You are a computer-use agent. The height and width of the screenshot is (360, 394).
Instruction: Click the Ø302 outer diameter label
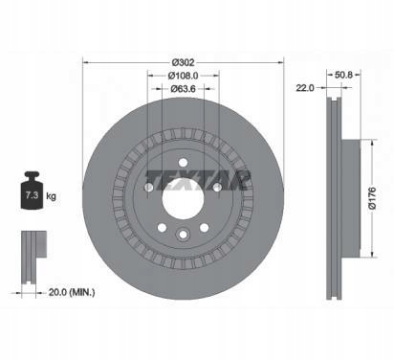[183, 62]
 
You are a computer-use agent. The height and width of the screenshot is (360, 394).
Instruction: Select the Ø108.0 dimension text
[183, 76]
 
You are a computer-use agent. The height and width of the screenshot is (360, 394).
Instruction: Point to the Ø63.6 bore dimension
[183, 88]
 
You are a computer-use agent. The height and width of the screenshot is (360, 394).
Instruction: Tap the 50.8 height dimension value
[343, 75]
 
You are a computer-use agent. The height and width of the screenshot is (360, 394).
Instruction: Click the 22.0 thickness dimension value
[305, 88]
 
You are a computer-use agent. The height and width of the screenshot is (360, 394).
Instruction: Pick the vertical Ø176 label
[372, 198]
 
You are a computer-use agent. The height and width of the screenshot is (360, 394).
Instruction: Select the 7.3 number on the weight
[32, 195]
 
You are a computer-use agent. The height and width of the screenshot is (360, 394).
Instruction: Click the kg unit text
[51, 196]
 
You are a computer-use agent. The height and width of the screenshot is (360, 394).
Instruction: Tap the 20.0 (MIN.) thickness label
[72, 292]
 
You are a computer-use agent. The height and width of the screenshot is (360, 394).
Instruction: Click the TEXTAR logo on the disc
[198, 181]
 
